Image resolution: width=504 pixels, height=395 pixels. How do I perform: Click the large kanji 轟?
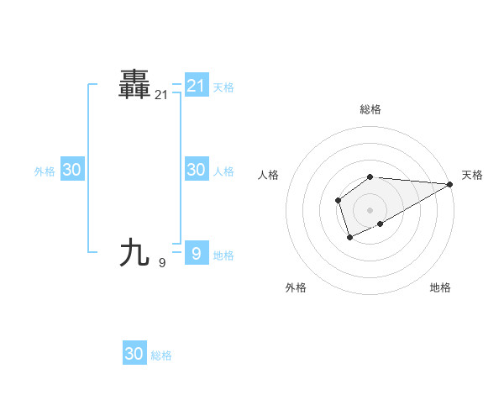[x=134, y=85]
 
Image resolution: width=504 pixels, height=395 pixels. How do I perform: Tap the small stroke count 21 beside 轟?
[x=161, y=96]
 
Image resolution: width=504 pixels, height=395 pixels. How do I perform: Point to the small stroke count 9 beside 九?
[x=161, y=263]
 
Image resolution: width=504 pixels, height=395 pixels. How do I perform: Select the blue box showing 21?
[x=196, y=85]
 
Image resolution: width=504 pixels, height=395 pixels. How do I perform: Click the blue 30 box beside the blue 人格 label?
[x=196, y=170]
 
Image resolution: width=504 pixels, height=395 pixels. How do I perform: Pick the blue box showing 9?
[x=196, y=253]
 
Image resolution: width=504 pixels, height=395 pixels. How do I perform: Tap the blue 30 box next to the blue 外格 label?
[x=71, y=170]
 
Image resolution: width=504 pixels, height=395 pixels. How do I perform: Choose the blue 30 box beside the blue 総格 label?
[x=134, y=354]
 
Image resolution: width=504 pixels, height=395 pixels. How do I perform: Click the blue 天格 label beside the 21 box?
[x=223, y=87]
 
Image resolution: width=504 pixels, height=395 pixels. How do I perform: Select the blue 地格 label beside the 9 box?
[x=223, y=255]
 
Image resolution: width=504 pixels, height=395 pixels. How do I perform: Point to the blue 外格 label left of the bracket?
[x=45, y=171]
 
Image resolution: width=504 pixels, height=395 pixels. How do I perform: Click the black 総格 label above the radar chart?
[x=370, y=109]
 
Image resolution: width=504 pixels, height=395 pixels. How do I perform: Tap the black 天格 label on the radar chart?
[x=472, y=175]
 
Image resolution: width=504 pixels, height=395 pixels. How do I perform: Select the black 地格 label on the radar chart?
[x=440, y=287]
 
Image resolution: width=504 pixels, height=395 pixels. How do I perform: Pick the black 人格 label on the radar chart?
[x=269, y=175]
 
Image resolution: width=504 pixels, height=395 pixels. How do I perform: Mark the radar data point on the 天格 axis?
[x=449, y=184]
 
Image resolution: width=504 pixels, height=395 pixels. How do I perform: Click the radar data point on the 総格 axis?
[x=370, y=176]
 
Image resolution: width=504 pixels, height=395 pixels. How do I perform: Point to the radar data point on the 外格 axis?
[x=349, y=238]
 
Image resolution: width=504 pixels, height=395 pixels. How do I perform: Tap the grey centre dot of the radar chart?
[x=370, y=209]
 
